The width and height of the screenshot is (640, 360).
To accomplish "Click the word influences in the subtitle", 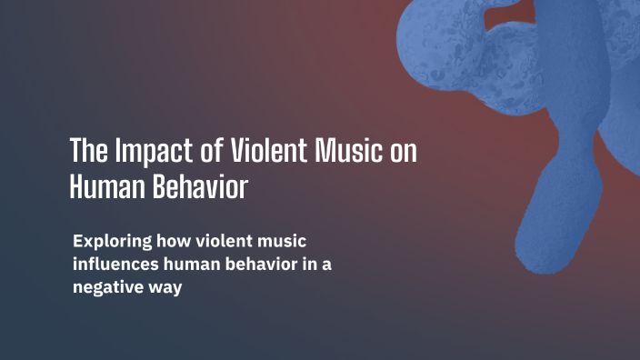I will (x=115, y=265).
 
